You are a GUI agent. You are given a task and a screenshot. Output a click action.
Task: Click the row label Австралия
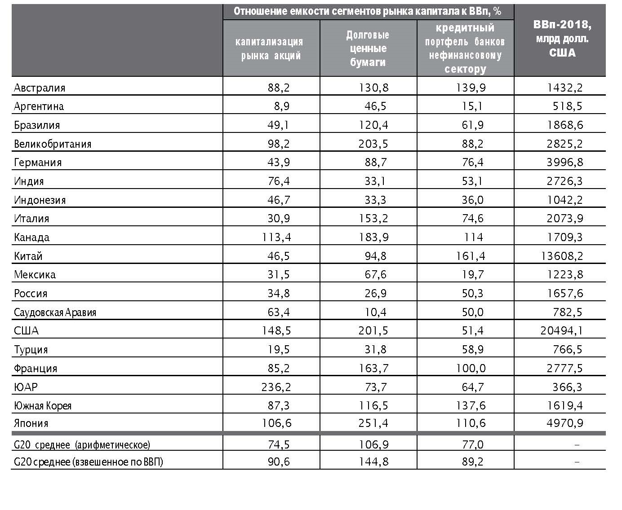pos(40,88)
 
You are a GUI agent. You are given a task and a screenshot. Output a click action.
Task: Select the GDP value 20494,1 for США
pos(562,330)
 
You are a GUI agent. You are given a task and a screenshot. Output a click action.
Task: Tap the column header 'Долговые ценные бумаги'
pos(368,48)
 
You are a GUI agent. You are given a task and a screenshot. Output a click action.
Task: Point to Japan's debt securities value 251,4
pos(373,423)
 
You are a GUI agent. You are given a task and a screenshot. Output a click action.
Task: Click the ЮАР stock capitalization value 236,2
pos(276,387)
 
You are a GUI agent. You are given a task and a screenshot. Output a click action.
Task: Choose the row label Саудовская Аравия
pos(55,312)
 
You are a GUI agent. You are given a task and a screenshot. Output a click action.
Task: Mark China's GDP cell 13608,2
pos(562,256)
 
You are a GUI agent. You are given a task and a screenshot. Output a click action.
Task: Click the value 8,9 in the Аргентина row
pos(282,106)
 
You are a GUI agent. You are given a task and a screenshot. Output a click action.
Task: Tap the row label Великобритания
pos(53,144)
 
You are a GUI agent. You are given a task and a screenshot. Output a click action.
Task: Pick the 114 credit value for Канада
pos(474,237)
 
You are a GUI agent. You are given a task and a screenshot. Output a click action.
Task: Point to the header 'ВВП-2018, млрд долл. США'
pos(562,39)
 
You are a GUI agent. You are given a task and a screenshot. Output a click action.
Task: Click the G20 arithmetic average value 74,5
pos(278,444)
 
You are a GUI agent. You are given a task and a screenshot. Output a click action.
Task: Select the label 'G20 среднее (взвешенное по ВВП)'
pos(88,462)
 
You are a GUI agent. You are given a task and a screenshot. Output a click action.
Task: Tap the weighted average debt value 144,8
pos(373,462)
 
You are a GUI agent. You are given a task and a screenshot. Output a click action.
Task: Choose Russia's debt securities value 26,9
pos(375,294)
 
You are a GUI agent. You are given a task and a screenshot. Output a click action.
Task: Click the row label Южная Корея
pos(42,406)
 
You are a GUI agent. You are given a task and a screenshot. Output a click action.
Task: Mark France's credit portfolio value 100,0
pos(471,368)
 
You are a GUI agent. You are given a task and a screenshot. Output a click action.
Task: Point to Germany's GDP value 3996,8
pos(565,163)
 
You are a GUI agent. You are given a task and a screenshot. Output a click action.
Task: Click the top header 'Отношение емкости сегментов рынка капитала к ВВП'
pos(368,12)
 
